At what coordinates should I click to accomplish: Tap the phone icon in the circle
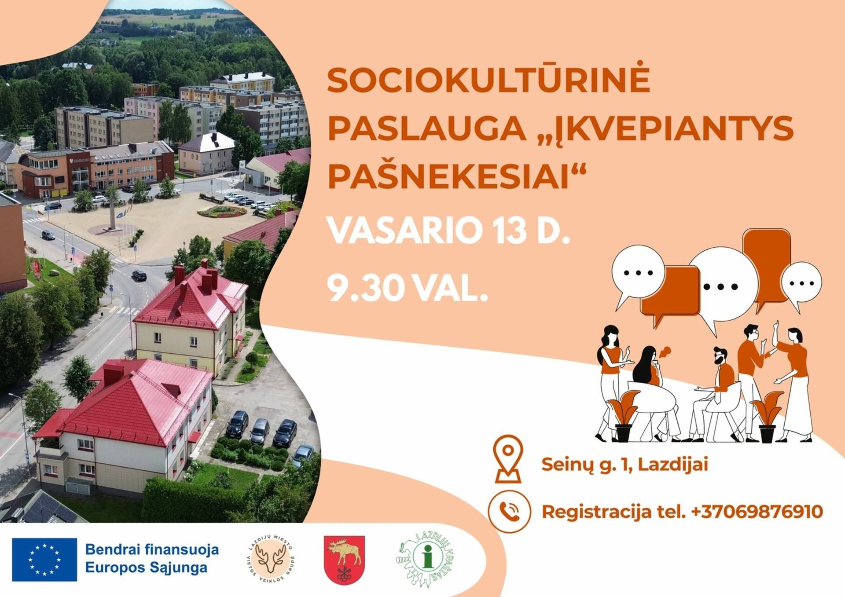(x=509, y=512)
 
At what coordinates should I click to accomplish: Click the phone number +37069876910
(x=757, y=512)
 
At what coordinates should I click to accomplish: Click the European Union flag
(x=44, y=560)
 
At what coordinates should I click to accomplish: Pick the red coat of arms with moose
(x=344, y=560)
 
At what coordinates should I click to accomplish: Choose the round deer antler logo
(x=270, y=559)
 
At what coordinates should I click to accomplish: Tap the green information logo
(x=426, y=559)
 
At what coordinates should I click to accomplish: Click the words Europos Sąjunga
(x=146, y=568)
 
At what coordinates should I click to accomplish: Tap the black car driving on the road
(x=139, y=275)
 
